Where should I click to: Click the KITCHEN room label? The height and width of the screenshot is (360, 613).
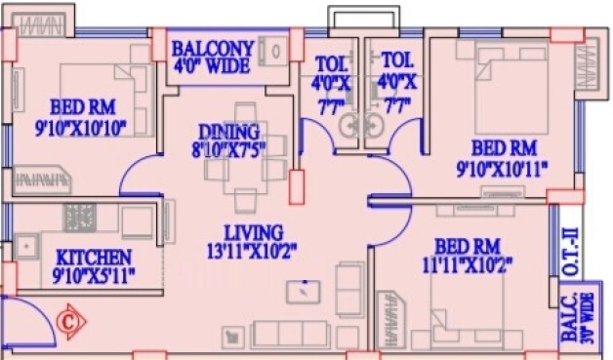click(94, 258)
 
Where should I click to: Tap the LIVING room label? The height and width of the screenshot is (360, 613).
click(254, 233)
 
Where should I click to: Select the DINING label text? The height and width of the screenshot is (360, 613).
click(229, 132)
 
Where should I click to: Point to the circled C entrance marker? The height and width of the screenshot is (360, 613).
click(70, 322)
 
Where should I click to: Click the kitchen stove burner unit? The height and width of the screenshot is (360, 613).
click(80, 218)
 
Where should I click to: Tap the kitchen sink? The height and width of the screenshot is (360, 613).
click(26, 247)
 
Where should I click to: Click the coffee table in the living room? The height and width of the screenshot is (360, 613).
click(303, 292)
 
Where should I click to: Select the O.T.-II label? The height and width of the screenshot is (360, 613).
click(571, 253)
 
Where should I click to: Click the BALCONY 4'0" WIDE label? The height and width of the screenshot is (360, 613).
click(212, 57)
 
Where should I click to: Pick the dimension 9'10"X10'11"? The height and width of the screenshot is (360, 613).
click(503, 170)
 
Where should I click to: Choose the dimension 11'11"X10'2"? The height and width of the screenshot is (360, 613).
click(468, 265)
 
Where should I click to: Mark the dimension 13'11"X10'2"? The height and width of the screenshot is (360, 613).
click(252, 252)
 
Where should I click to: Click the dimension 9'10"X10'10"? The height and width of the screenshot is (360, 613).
click(81, 128)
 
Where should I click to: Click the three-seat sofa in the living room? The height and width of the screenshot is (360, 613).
click(290, 335)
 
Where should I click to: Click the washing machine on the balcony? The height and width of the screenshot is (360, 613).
click(273, 51)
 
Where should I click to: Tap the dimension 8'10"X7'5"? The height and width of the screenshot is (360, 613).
click(228, 149)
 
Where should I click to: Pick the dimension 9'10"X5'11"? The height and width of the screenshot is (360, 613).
click(94, 275)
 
